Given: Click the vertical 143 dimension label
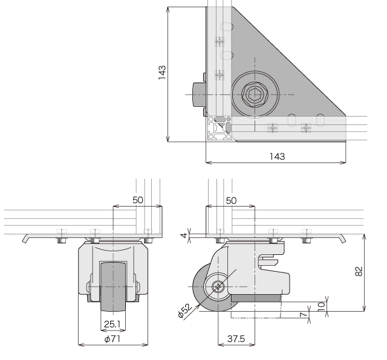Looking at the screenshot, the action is tap(162, 72).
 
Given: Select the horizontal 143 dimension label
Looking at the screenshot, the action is tap(277, 156).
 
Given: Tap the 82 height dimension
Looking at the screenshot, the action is tap(359, 271).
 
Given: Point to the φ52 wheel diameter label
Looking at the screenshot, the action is tap(184, 310).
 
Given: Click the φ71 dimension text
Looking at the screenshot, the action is tap(112, 339).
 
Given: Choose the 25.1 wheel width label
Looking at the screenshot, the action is tap(112, 324).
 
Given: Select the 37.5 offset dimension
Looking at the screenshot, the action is tap(236, 339).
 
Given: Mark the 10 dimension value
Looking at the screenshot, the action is tap(321, 306).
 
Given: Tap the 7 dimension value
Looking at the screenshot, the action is tap(304, 314).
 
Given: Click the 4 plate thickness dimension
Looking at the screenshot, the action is tap(184, 236).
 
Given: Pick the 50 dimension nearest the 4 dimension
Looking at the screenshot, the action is tap(231, 201).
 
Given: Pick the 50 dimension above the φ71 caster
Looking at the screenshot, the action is tap(138, 200).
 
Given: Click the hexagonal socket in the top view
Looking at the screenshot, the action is tap(255, 95).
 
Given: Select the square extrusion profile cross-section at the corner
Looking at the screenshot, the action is tap(219, 128).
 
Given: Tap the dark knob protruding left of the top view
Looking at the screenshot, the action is tap(199, 94).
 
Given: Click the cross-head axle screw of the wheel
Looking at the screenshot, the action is tap(218, 286).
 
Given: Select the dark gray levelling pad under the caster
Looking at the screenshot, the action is tap(256, 298).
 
